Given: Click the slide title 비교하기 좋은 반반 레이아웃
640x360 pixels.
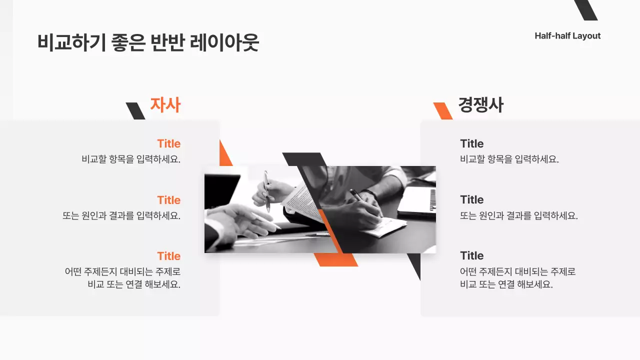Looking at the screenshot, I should click(148, 43).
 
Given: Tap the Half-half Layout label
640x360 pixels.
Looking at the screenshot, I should click(567, 36).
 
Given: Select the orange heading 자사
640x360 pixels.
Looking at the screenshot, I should click(165, 105).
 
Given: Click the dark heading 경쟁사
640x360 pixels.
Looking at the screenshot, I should click(480, 105).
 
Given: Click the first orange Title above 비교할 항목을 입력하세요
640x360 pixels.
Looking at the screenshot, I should click(168, 144).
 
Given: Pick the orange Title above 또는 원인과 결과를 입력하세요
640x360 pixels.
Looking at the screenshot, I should click(168, 200).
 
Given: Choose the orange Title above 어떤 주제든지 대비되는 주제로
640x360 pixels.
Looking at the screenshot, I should click(168, 256).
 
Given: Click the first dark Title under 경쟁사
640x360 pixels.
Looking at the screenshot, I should click(471, 144).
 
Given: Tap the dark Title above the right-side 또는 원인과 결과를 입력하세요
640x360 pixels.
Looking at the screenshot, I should click(471, 200).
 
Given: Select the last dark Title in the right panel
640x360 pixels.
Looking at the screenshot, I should click(471, 256).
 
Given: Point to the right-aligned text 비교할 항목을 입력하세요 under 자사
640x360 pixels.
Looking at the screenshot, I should click(131, 159).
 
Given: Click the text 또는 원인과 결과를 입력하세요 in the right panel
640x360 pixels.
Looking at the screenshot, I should click(518, 216).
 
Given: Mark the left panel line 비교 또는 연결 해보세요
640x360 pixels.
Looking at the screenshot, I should click(134, 284).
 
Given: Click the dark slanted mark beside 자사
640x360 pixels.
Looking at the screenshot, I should click(135, 111).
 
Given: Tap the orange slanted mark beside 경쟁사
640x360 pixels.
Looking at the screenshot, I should click(442, 111).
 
